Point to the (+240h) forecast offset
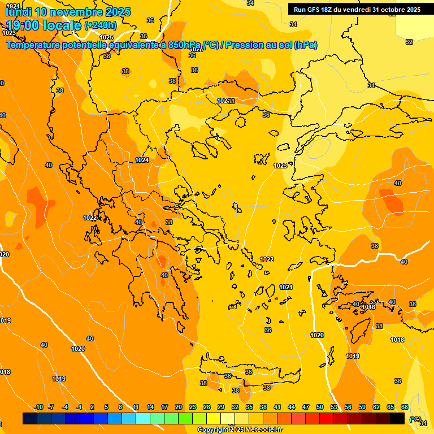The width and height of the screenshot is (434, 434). pyautogui.click(x=101, y=25)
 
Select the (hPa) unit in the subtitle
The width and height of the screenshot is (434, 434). pyautogui.click(x=305, y=45)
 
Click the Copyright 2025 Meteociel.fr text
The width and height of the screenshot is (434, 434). pyautogui.click(x=240, y=430)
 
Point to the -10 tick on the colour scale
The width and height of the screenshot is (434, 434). pyautogui.click(x=38, y=407)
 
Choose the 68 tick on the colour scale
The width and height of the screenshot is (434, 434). pyautogui.click(x=405, y=407)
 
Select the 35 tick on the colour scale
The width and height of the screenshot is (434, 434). pyautogui.click(x=249, y=407)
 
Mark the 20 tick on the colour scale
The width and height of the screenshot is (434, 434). pyautogui.click(x=179, y=407)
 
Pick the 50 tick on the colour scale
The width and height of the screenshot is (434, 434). pyautogui.click(x=320, y=407)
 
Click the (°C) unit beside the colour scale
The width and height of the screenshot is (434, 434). pyautogui.click(x=415, y=419)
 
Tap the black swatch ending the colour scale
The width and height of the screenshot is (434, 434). pyautogui.click(x=397, y=418)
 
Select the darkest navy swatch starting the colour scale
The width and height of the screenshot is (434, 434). pyautogui.click(x=30, y=418)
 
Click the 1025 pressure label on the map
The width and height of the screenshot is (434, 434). pyautogui.click(x=106, y=37)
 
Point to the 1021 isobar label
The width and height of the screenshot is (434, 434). pyautogui.click(x=286, y=287)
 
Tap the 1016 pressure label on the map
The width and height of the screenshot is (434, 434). pyautogui.click(x=368, y=307)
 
